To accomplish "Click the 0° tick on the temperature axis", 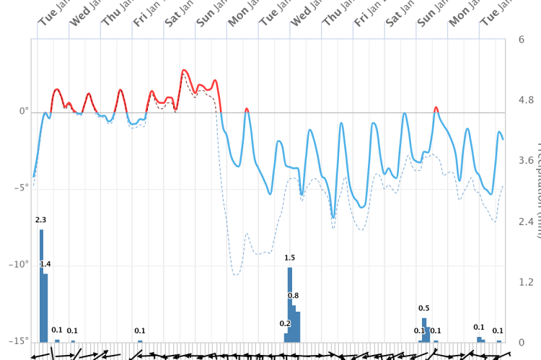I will pos(24,112).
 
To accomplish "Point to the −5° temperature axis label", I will pos(22,188).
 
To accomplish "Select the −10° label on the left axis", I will pos(19,265).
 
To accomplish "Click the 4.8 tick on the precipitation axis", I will pos(526,100).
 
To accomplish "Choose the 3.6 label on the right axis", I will pos(526,160).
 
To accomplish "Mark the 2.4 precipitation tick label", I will pos(526,221).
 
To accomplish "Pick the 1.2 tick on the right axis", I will pos(526,282).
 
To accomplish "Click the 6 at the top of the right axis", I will pos(522,39).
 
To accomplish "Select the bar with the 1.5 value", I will pos(290,303).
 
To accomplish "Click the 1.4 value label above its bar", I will pos(45,264).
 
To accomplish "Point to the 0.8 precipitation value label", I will pos(293,296).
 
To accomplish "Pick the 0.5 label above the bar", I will pos(423,309).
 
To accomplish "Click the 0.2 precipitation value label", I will pos(285,324).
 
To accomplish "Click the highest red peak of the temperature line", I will pos(185,71).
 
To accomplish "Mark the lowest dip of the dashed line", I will pos(236,276).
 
